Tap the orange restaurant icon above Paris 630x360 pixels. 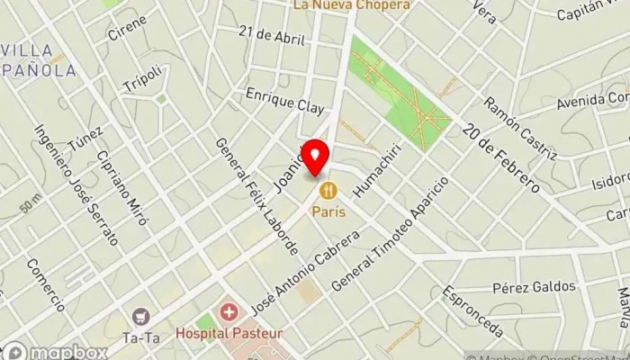328,190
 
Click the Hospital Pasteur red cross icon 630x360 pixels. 229,314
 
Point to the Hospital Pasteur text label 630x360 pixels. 229,333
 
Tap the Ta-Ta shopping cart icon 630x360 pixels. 140,316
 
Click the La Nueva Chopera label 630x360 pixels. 351,4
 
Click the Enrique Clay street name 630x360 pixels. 283,101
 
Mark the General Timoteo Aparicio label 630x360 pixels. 389,232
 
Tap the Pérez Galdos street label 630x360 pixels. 534,287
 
